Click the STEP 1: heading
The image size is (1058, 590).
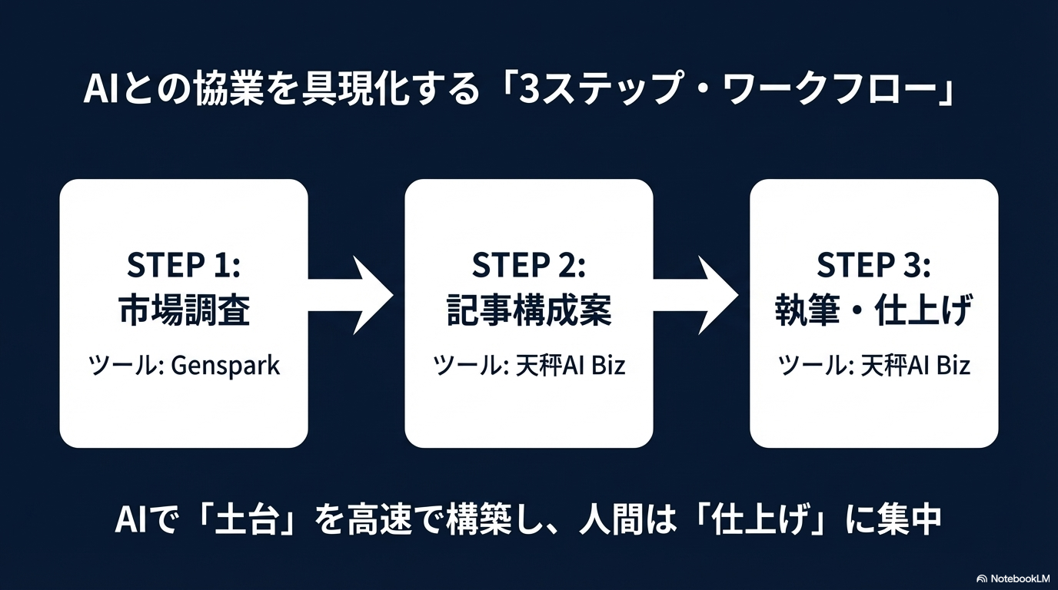184,266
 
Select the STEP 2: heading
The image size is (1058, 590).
529,266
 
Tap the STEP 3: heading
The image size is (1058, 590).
873,266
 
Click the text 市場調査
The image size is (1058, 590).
184,312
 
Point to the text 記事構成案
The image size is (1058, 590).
529,312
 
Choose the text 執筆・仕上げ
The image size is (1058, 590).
873,312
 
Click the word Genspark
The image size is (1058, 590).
225,365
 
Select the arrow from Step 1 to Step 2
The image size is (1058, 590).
352,295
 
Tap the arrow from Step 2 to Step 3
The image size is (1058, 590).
697,295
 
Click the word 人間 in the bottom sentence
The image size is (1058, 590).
606,520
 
